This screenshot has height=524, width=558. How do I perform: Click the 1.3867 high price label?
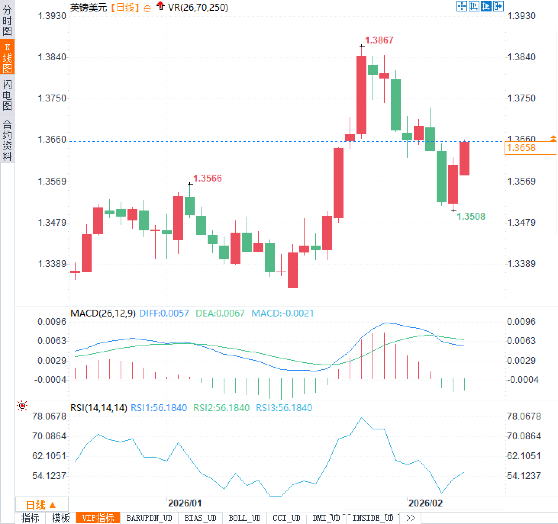pyautogui.click(x=379, y=40)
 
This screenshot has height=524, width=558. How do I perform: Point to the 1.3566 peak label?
pyautogui.click(x=207, y=178)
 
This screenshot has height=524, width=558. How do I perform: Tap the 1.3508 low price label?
pyautogui.click(x=471, y=216)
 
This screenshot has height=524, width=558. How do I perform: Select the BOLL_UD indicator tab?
pyautogui.click(x=244, y=518)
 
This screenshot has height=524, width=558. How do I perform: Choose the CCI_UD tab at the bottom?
pyautogui.click(x=286, y=518)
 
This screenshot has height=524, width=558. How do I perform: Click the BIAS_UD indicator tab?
pyautogui.click(x=200, y=518)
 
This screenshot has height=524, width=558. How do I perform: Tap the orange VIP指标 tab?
pyautogui.click(x=98, y=518)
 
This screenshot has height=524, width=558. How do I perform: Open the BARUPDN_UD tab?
pyautogui.click(x=149, y=518)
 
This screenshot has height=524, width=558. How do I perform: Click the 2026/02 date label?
pyautogui.click(x=425, y=503)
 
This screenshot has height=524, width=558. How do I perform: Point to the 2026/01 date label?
pyautogui.click(x=185, y=503)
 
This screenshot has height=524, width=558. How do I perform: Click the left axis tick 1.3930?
pyautogui.click(x=52, y=16)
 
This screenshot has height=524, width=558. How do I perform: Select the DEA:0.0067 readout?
pyautogui.click(x=220, y=313)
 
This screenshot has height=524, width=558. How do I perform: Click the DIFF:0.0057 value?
pyautogui.click(x=164, y=313)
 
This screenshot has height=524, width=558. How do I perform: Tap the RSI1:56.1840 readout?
pyautogui.click(x=159, y=408)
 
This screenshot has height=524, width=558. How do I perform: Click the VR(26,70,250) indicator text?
pyautogui.click(x=198, y=7)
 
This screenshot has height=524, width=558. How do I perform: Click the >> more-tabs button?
pyautogui.click(x=410, y=518)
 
